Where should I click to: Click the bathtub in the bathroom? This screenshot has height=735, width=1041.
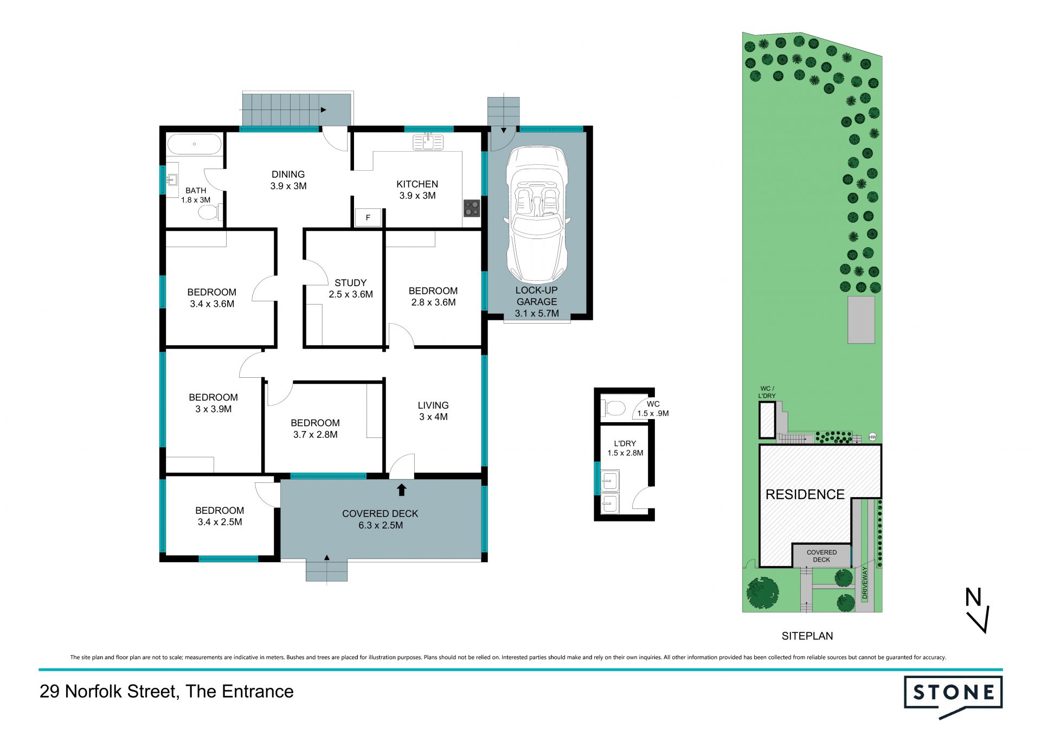click(194, 144)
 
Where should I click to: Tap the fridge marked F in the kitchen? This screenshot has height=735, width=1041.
click(368, 217)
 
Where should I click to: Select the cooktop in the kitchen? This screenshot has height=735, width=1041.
click(472, 209)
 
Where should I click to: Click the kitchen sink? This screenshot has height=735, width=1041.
click(428, 142)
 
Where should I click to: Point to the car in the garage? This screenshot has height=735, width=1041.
click(537, 215)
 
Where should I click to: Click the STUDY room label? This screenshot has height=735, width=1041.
click(350, 282)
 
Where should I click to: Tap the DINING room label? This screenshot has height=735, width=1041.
click(288, 174)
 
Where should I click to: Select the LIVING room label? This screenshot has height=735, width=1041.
click(433, 405)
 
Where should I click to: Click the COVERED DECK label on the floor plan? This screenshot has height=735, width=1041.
click(380, 513)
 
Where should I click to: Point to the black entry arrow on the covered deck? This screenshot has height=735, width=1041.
click(401, 490)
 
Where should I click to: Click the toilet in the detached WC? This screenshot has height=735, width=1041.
click(614, 408)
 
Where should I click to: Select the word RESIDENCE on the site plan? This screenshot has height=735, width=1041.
click(805, 494)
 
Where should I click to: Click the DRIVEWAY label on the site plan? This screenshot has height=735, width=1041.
click(865, 583)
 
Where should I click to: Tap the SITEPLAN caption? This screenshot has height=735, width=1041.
click(807, 636)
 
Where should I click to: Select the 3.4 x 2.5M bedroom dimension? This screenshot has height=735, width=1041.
click(220, 522)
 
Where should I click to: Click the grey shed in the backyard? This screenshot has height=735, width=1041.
click(861, 320)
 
